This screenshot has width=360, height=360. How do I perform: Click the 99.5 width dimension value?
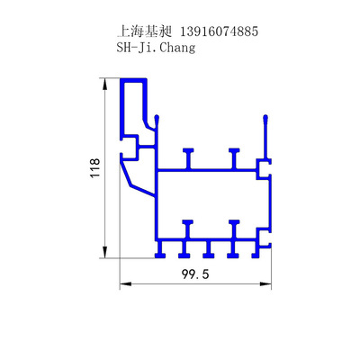pyautogui.click(x=194, y=275)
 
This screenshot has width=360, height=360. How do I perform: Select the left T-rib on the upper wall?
pyautogui.click(x=188, y=157)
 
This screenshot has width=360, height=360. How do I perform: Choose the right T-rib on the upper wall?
pyautogui.click(x=233, y=157)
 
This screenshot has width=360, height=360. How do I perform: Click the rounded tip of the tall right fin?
pyautogui.click(x=265, y=118)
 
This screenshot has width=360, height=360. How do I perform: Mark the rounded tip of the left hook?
pyautogui.click(x=157, y=117)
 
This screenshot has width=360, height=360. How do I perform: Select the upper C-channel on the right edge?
pyautogui.click(x=264, y=168)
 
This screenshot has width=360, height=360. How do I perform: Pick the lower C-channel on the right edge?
pyautogui.click(x=264, y=238)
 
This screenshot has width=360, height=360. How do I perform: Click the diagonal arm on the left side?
pyautogui.click(x=138, y=179)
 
